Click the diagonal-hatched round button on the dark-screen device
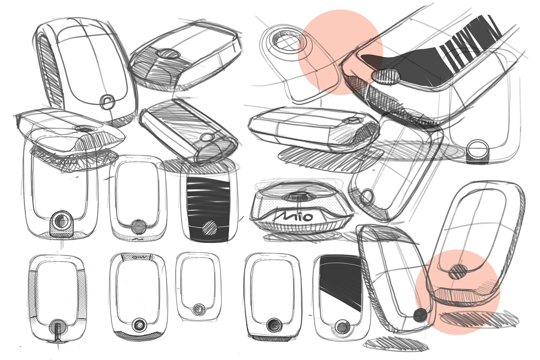pos(211,228)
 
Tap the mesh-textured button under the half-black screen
pos(342,327)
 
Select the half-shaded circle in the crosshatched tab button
pos(61,223)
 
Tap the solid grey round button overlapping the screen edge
pos(137,226)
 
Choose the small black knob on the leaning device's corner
pos(419,316)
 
